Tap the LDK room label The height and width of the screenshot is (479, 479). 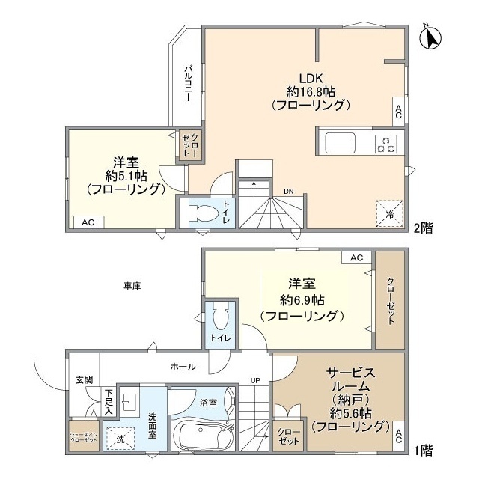(x=311, y=78)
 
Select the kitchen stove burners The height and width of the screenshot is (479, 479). (x=386, y=142)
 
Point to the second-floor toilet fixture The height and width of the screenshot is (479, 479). (x=200, y=212)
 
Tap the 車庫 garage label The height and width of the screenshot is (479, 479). (x=133, y=285)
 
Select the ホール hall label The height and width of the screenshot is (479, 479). (x=183, y=367)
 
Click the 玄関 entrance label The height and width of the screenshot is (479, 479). (x=84, y=379)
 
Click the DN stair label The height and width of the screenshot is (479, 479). (x=288, y=191)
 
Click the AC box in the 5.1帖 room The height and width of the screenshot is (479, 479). (x=88, y=222)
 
